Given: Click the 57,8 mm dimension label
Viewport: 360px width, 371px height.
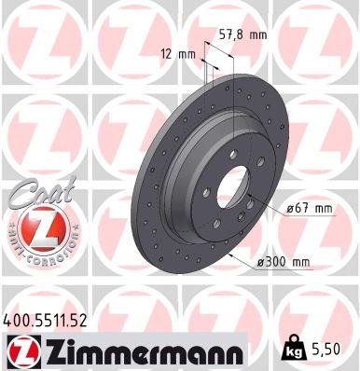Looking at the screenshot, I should tap(240, 34).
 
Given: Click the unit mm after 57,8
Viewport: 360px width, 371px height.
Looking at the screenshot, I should tap(256, 34).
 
